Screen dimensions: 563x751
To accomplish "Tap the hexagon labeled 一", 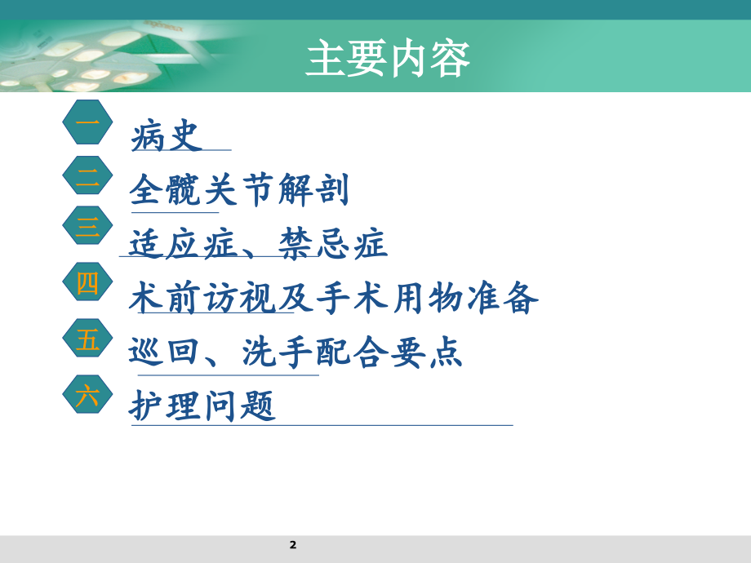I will point(87,123).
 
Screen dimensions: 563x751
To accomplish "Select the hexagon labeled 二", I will point(87,180).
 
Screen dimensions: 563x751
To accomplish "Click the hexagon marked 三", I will point(87,228).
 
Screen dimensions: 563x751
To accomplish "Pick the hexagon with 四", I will point(87,284).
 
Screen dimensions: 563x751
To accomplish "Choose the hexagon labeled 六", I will point(87,396).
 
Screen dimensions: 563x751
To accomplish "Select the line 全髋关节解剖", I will point(239,191).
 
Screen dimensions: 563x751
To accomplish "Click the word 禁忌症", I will point(333,245).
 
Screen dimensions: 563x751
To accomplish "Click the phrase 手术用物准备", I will point(428,299).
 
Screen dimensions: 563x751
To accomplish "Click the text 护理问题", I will point(202,406).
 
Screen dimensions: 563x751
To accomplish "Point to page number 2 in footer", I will point(293,544).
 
